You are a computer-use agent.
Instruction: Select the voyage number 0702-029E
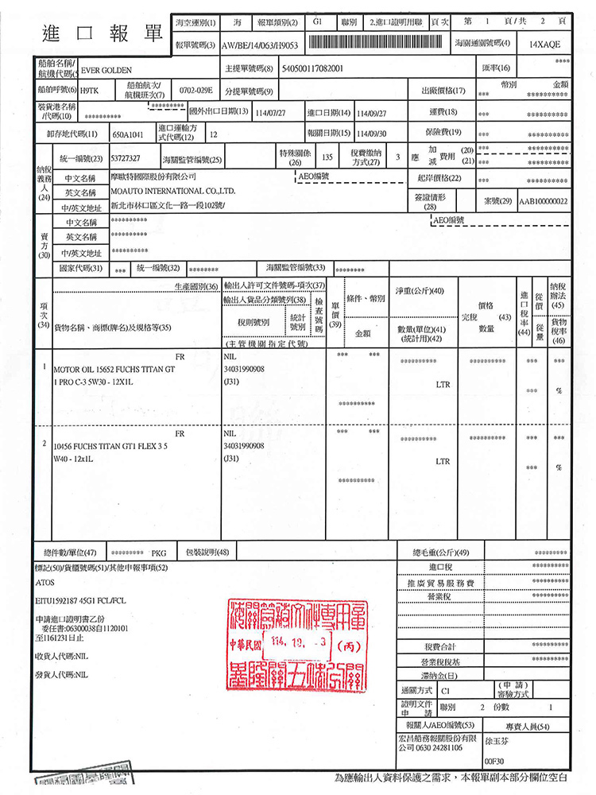(x=195, y=91)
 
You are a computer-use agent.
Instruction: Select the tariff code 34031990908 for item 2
(x=246, y=447)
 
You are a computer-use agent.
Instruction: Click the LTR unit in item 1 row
(x=443, y=384)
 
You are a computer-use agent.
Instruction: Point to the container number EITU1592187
(x=60, y=600)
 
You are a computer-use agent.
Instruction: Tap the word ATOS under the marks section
(x=45, y=583)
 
